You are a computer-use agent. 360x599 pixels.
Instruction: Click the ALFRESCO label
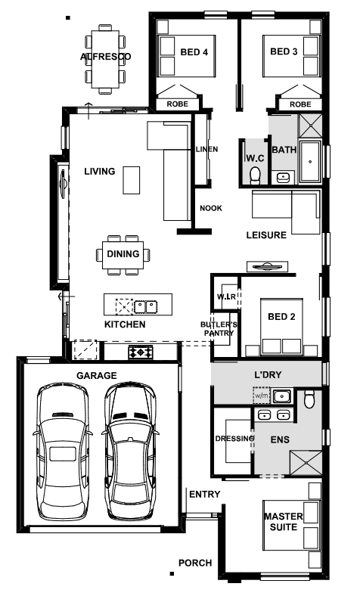(105, 57)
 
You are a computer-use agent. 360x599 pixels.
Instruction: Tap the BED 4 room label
(194, 52)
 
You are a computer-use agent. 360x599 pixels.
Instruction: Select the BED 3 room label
(284, 51)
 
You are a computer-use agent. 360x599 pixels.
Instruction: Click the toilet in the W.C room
(255, 175)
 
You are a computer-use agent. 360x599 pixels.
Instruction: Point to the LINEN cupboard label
(206, 149)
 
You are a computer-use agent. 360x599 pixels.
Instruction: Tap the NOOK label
(211, 208)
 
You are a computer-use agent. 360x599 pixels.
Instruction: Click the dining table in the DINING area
(123, 255)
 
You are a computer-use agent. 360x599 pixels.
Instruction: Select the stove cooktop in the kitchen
(141, 352)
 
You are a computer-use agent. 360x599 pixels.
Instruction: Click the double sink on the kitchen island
(146, 306)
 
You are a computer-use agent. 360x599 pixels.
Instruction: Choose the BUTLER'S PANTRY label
(219, 329)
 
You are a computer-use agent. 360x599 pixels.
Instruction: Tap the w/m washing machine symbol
(262, 396)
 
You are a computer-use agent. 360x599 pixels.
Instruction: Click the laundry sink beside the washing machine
(281, 396)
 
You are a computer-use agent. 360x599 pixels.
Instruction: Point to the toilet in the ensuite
(309, 399)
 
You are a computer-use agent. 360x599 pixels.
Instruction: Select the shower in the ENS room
(306, 463)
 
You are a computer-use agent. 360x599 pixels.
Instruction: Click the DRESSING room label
(234, 439)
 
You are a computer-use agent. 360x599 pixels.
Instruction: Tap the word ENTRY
(204, 495)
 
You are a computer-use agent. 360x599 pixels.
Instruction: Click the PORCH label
(195, 563)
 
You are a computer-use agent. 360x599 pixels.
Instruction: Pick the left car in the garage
(63, 452)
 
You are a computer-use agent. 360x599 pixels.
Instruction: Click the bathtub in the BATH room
(310, 162)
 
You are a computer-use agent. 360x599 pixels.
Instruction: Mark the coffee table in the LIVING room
(131, 180)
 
